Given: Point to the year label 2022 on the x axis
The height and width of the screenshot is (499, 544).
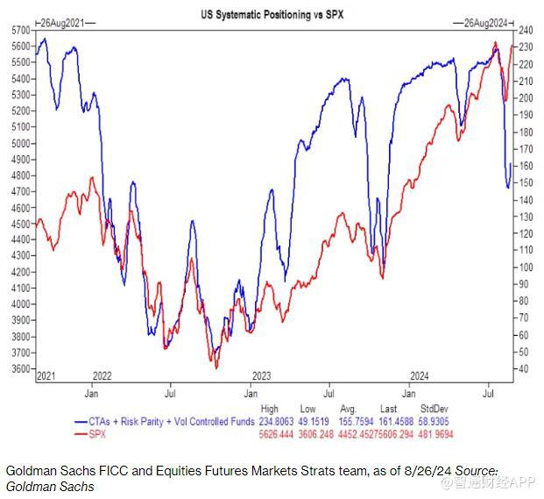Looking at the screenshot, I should [x=102, y=376].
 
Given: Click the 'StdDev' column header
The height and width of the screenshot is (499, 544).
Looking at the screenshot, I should [x=434, y=409].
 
